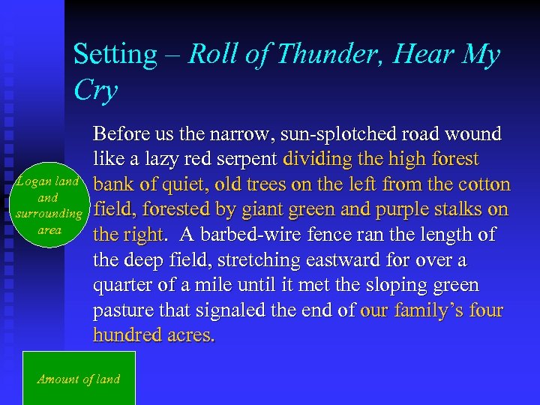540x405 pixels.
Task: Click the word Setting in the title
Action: (115, 55)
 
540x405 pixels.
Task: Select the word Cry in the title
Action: (96, 91)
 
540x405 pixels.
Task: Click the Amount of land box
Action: (79, 379)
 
